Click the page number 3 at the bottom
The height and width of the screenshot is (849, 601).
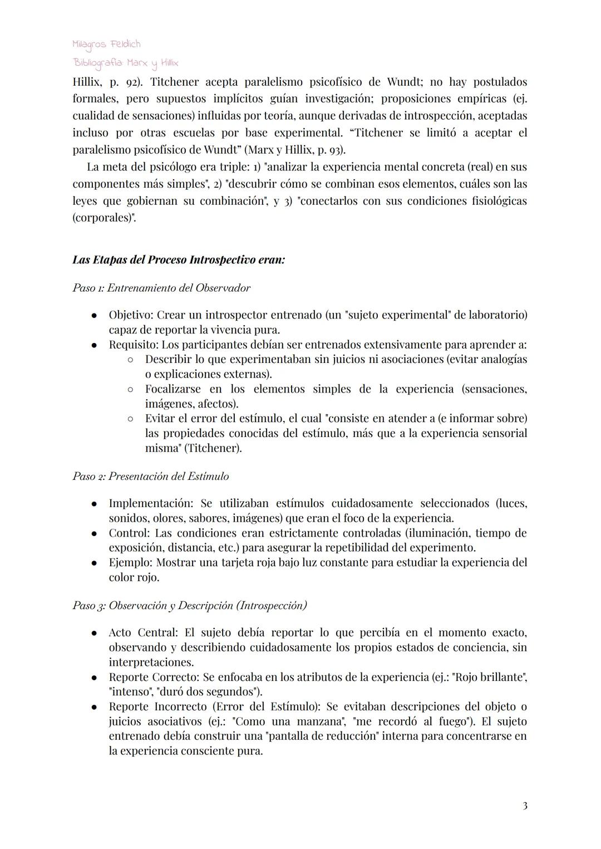point(525,806)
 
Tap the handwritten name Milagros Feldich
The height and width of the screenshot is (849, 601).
point(106,44)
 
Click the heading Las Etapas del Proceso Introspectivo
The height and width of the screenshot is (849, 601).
point(179,260)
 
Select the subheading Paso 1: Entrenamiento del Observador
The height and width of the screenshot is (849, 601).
point(161,288)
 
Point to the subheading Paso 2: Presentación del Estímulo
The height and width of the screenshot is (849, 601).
point(151,477)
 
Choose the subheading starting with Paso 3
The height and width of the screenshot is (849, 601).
point(190,606)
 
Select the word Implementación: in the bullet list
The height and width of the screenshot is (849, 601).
point(151,503)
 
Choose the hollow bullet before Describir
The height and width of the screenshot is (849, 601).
point(130,360)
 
